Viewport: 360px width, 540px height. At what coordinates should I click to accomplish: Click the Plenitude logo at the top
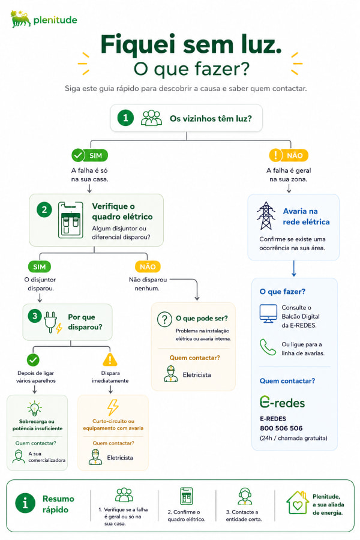click(x=43, y=19)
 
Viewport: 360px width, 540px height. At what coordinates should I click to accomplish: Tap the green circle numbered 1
click(x=125, y=118)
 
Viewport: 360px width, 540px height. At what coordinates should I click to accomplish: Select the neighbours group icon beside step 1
click(x=151, y=118)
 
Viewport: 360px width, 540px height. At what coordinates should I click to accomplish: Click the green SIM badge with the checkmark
click(x=89, y=155)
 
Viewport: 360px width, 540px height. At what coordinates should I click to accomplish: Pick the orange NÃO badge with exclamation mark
click(x=289, y=155)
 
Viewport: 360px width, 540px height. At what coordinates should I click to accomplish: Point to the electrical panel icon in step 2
click(x=71, y=220)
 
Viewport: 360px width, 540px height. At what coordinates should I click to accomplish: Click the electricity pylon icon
click(x=266, y=215)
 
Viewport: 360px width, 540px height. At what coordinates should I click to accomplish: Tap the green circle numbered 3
click(x=34, y=316)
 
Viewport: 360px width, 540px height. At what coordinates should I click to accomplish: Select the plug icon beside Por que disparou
click(x=53, y=322)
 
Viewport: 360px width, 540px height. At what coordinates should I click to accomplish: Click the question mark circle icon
click(x=164, y=319)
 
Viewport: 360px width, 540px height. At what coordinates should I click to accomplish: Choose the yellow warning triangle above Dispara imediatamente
click(x=110, y=359)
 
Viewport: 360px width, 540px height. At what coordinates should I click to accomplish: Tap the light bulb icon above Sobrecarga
click(x=34, y=409)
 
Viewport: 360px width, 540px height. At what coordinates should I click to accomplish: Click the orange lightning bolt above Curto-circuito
click(x=113, y=407)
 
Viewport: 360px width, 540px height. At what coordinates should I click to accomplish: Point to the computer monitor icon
click(x=268, y=314)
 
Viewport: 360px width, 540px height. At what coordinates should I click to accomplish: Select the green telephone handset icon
click(x=268, y=347)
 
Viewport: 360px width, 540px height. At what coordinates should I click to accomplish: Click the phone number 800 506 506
click(x=281, y=428)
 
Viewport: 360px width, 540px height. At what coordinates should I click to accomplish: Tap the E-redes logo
click(x=282, y=402)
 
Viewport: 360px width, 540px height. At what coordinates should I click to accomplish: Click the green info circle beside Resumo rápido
click(x=25, y=503)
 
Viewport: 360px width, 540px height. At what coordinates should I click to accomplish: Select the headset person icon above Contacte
click(x=245, y=496)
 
